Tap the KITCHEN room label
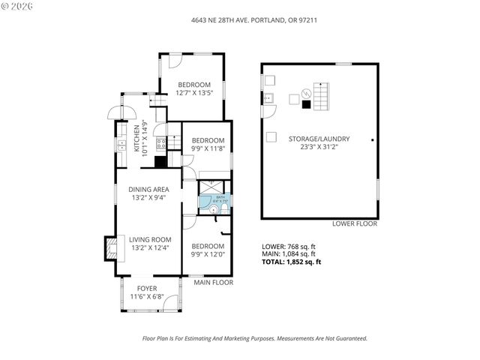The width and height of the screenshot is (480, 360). coord(136,139)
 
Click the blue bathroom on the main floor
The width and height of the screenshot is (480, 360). coord(207,200)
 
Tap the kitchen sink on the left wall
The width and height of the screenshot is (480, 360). coord(120,143)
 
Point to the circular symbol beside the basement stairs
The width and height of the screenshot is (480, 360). coord(305,94)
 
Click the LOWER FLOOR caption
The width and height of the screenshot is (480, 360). coord(355,224)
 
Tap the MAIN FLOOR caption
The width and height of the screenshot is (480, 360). coord(214,283)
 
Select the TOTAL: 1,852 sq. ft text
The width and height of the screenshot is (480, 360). coord(291,262)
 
